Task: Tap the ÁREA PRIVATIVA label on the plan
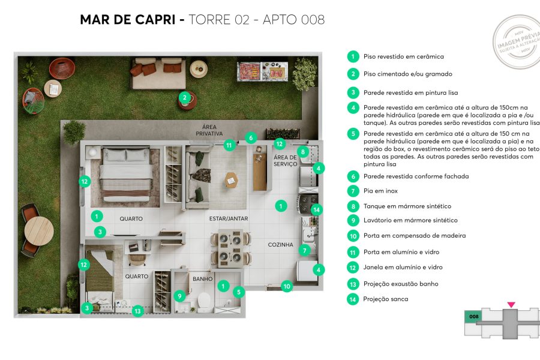point(209,130)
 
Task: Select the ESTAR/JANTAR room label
point(228,218)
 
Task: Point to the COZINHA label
point(280,245)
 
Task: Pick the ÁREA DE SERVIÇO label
point(286,160)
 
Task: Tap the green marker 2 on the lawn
point(185,97)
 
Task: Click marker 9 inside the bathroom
point(179,295)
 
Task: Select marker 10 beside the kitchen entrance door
point(287,286)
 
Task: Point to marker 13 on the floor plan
point(138,311)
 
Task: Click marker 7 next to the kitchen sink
point(305,250)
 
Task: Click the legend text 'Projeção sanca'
point(386,299)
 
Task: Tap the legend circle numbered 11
point(353,252)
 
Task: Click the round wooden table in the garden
point(39,230)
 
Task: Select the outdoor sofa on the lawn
point(157,72)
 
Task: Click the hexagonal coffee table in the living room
point(231,179)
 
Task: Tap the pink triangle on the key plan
point(511,305)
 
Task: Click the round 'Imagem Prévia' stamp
point(517,41)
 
